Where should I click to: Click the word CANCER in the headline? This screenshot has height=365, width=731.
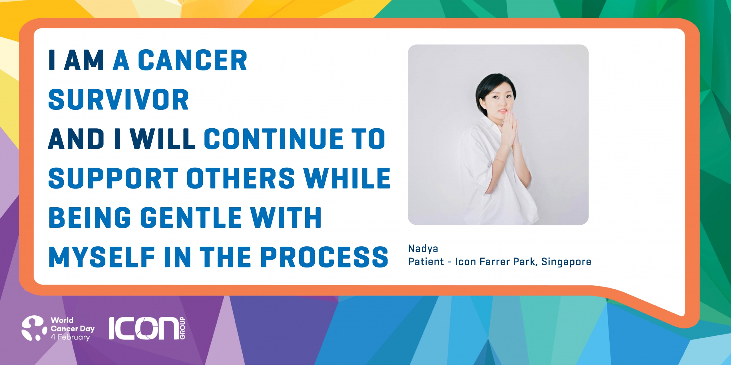click(x=192, y=60)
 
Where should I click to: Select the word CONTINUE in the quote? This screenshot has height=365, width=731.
click(x=274, y=139)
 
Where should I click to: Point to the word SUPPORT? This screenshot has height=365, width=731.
click(x=113, y=178)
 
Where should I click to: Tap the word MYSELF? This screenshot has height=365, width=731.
click(x=102, y=257)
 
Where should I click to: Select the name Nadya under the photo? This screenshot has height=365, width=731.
click(x=423, y=249)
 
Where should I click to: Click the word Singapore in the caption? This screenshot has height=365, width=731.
click(x=566, y=262)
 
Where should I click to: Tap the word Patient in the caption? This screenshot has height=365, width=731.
click(x=426, y=261)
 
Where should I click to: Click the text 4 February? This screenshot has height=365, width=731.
click(x=70, y=337)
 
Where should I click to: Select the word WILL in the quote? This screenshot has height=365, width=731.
click(x=163, y=139)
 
